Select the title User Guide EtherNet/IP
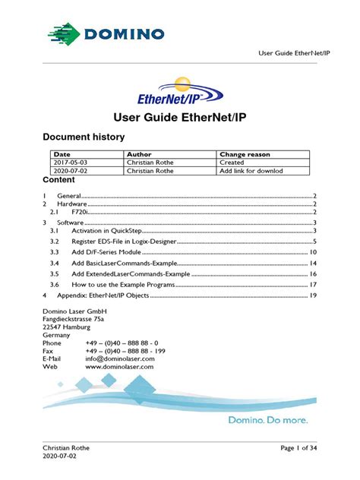tap(179, 118)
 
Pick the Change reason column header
tap(244, 154)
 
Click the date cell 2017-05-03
tap(71, 163)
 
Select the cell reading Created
tap(232, 163)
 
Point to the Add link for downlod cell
tap(251, 171)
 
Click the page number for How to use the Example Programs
tap(312, 284)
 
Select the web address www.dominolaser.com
tap(120, 366)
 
